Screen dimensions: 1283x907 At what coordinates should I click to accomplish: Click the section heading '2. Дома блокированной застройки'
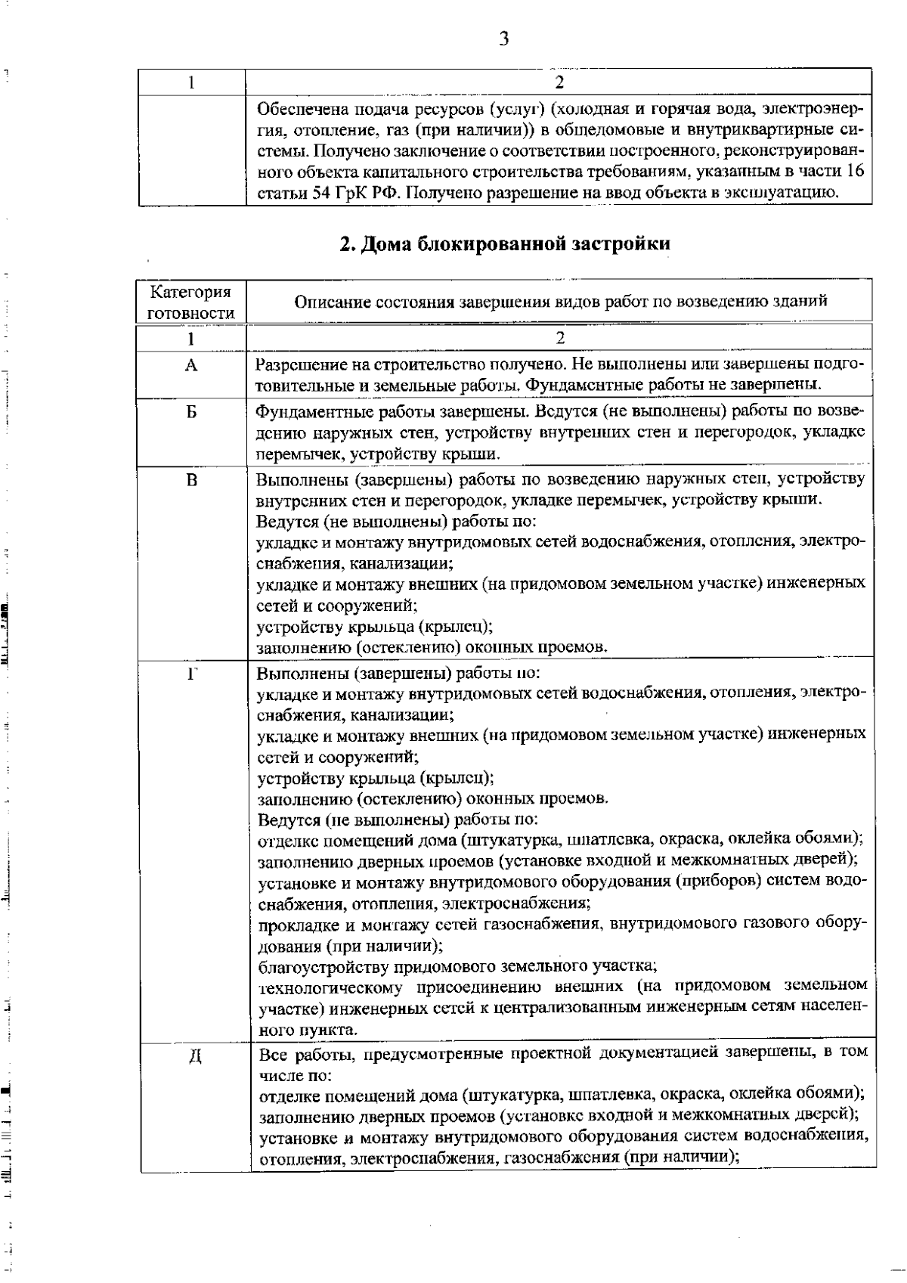(x=504, y=243)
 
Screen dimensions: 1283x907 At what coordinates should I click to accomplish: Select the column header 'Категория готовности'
(x=191, y=302)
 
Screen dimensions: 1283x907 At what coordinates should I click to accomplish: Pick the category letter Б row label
(x=191, y=412)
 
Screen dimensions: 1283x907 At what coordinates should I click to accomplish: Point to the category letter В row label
(x=191, y=479)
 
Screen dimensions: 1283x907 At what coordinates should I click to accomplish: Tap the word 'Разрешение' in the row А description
(x=295, y=364)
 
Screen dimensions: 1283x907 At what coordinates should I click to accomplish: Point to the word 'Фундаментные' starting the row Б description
(x=303, y=412)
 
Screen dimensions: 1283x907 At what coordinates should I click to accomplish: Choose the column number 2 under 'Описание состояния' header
(x=559, y=338)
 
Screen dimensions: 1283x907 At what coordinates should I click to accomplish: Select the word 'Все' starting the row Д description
(x=272, y=1053)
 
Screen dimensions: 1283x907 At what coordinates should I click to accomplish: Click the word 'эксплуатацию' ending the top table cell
(x=791, y=192)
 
